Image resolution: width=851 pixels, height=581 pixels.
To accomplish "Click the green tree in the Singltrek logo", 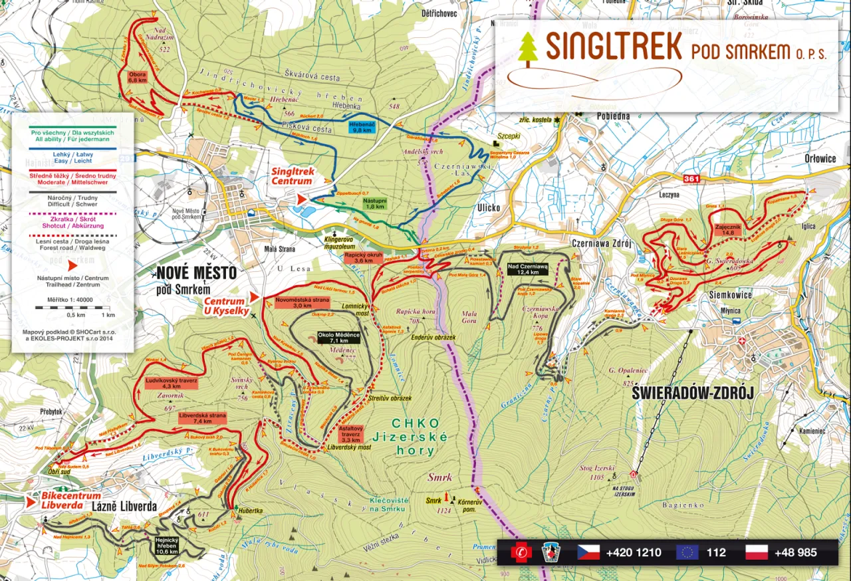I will coord(528,48).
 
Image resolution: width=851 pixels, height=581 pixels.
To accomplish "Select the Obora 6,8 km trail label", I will coord(137,76).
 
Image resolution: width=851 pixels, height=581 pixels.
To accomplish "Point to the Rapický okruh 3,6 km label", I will coord(363,258).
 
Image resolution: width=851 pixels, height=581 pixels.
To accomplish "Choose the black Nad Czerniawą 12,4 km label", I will coord(527,269).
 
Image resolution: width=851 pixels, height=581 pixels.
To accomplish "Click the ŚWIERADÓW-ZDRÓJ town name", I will coord(692,394).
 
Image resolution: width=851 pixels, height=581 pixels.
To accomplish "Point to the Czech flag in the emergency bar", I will coord(588,552).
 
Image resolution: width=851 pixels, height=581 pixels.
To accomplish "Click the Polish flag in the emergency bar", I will coord(756,552).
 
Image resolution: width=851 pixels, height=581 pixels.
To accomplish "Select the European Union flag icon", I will coord(687,552).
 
